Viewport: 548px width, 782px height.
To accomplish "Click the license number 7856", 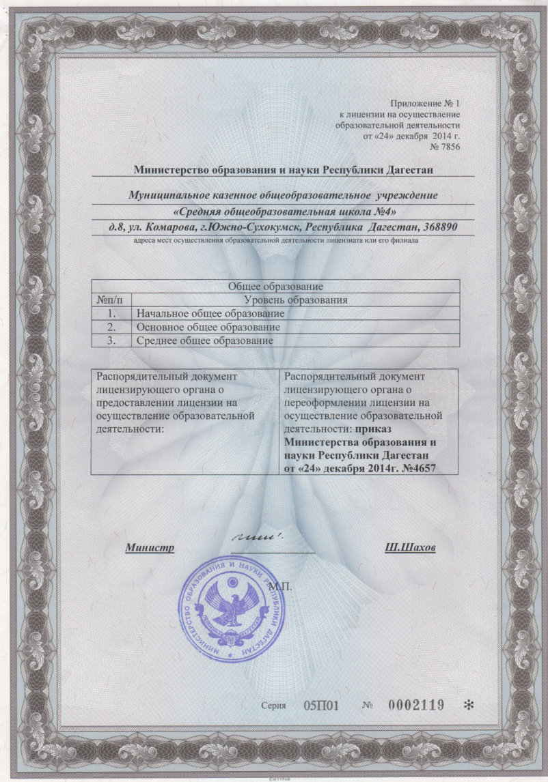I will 451,147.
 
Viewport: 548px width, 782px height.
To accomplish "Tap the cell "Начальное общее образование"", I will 210,313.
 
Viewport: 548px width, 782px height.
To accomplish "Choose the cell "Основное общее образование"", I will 208,327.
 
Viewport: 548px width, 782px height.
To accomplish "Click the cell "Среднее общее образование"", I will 204,341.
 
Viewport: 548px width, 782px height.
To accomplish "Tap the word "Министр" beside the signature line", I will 150,548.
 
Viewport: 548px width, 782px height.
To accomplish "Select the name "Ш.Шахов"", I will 410,548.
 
